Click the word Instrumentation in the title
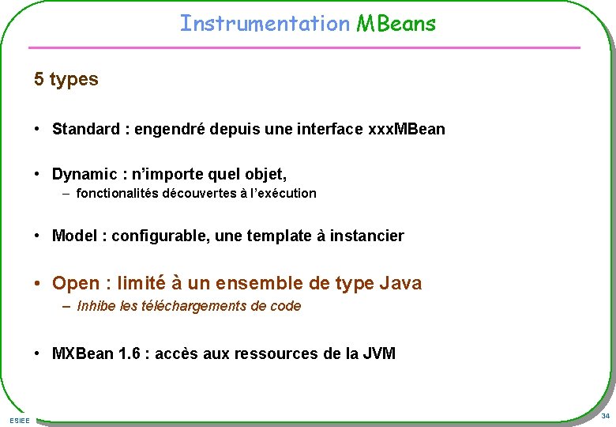(x=264, y=24)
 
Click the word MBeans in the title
(x=396, y=24)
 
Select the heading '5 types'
(x=66, y=79)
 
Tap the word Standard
(x=85, y=129)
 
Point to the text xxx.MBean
(x=407, y=129)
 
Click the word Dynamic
(x=84, y=173)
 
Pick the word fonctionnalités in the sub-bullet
(x=117, y=193)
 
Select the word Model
(x=76, y=236)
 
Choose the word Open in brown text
(x=76, y=283)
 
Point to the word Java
(x=400, y=283)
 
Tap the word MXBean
(x=83, y=353)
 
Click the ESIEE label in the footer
(x=20, y=420)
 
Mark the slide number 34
(x=605, y=416)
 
